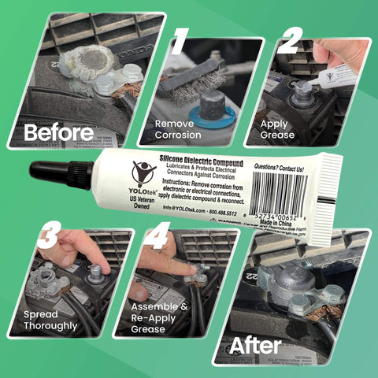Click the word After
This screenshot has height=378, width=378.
click(x=255, y=345)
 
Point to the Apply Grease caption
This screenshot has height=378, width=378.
click(x=280, y=130)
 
